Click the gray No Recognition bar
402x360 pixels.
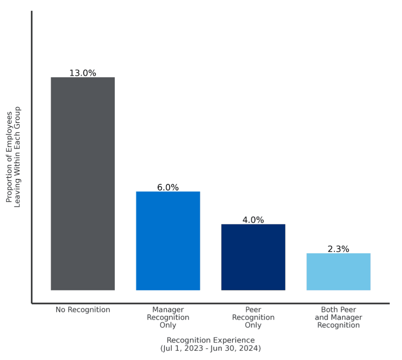pyautogui.click(x=83, y=184)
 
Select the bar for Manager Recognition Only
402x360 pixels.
pyautogui.click(x=168, y=241)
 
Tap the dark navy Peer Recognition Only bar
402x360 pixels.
pyautogui.click(x=253, y=257)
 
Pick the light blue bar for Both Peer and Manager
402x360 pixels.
pyautogui.click(x=338, y=271)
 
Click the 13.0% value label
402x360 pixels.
pyautogui.click(x=83, y=73)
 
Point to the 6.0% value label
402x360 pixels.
pyautogui.click(x=168, y=187)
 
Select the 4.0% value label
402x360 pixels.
pyautogui.click(x=253, y=220)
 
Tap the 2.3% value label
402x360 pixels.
pyautogui.click(x=338, y=249)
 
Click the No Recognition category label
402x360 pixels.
pyautogui.click(x=83, y=310)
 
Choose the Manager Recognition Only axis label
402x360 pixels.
pyautogui.click(x=168, y=317)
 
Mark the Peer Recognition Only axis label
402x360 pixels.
pyautogui.click(x=253, y=317)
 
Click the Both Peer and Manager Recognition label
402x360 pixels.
pyautogui.click(x=338, y=317)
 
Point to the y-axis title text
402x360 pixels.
pyautogui.click(x=13, y=157)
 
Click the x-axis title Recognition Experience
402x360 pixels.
pyautogui.click(x=210, y=340)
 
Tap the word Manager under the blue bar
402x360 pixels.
pyautogui.click(x=168, y=310)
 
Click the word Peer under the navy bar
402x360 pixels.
pyautogui.click(x=253, y=310)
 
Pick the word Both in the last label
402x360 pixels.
pyautogui.click(x=329, y=310)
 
